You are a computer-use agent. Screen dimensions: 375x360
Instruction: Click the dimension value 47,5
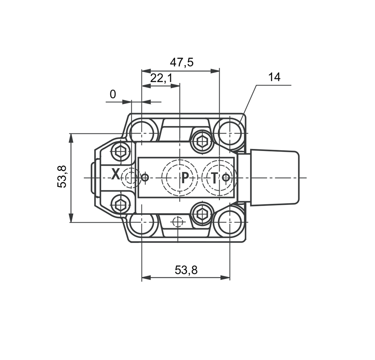pos(182,63)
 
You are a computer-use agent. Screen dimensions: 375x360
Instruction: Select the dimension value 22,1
pos(161,78)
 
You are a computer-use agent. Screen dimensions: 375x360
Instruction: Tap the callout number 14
pos(274,77)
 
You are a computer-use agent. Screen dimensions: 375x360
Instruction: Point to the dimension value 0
pos(113,94)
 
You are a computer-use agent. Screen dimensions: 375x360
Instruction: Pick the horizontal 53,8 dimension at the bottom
pos(186,270)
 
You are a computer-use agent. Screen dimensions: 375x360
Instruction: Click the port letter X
pos(115,174)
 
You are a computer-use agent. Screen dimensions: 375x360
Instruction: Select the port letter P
pos(185,178)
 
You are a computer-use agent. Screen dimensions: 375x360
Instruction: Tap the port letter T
pos(215,178)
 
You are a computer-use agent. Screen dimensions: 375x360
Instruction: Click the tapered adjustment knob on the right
pos(275,178)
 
